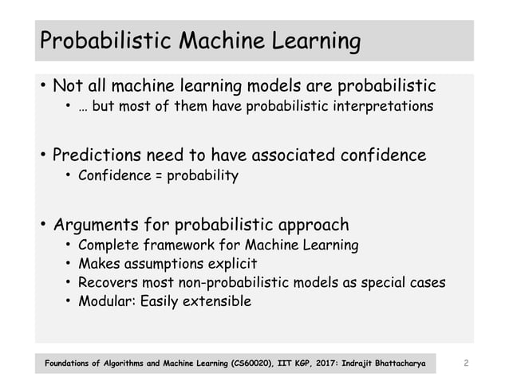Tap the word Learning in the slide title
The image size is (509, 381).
click(x=314, y=39)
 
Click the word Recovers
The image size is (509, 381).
click(x=109, y=283)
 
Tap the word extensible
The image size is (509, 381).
click(x=215, y=302)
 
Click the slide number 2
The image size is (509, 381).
click(x=465, y=364)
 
